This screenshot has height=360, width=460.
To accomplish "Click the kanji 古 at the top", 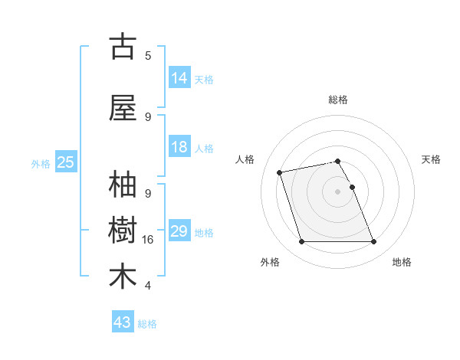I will click(123, 47).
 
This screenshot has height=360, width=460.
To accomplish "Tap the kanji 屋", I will click(123, 109).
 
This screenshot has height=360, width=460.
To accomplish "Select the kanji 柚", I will click(123, 186).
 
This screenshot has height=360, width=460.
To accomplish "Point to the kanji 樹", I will click(123, 231).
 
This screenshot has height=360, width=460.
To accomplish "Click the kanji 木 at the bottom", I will click(123, 277).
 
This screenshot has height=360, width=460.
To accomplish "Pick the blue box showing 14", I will click(179, 78).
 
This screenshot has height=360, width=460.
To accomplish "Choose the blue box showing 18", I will click(179, 148).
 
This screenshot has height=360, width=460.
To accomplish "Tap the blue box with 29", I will click(179, 231).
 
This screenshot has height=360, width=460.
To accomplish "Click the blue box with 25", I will click(66, 162).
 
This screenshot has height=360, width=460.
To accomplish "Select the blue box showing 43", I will click(123, 322).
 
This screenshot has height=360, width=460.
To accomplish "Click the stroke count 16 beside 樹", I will click(148, 240).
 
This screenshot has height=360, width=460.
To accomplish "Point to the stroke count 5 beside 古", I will click(148, 55).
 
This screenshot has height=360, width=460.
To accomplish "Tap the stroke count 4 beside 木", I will click(148, 286).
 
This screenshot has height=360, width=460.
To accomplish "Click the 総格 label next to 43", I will click(147, 324).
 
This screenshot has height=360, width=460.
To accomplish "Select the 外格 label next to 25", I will click(41, 163).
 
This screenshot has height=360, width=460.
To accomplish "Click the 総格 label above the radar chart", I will click(338, 100).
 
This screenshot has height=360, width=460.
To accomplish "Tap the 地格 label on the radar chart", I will click(402, 262).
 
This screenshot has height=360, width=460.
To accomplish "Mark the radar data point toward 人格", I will click(280, 172).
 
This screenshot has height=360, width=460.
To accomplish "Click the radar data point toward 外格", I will click(301, 242).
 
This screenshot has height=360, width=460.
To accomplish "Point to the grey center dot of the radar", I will click(338, 191).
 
